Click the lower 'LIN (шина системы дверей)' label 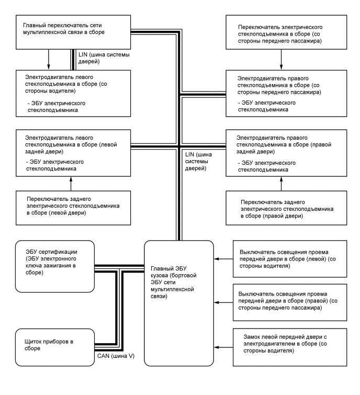tap(197, 162)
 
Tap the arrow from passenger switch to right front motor tap(282, 60)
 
